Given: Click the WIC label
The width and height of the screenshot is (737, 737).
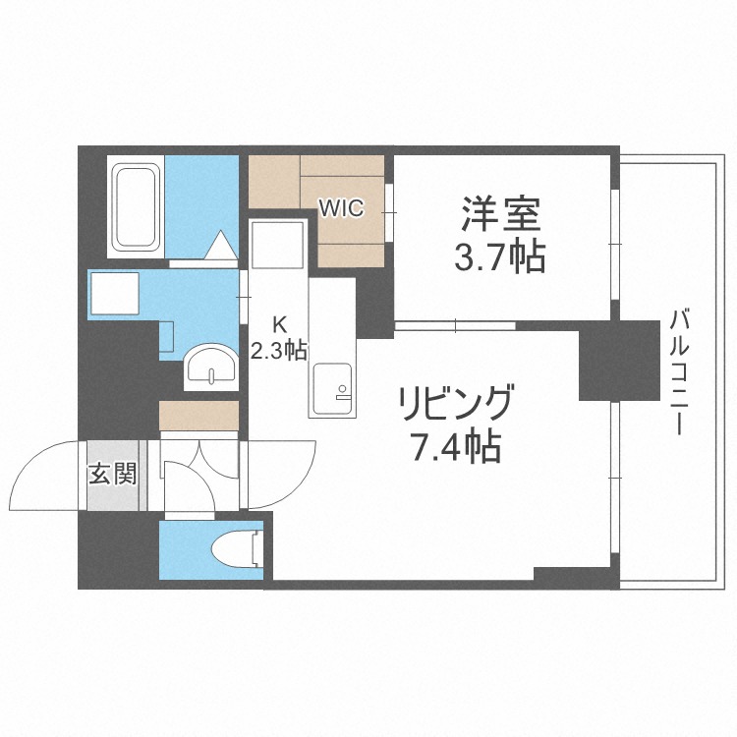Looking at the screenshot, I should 341,207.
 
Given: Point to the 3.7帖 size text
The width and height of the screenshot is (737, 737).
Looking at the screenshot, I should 499,257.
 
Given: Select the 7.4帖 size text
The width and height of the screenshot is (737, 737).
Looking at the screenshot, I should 454,447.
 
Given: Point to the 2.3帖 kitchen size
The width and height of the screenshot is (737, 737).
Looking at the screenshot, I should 278,350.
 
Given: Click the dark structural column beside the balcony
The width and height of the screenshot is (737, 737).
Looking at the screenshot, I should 618,360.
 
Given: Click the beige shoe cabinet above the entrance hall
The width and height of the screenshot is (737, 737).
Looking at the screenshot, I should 198,415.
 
